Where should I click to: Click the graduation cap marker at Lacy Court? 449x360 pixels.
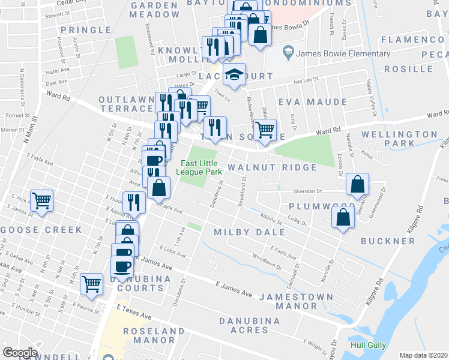234,75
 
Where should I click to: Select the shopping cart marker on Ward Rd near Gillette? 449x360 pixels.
265,129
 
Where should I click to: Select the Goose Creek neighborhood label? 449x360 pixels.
41,230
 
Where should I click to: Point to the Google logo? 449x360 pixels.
20,353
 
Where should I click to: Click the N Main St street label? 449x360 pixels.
28,128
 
